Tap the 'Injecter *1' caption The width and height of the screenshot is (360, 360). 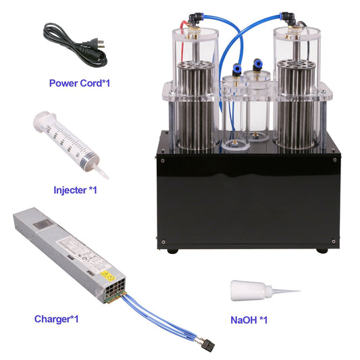tap(75, 190)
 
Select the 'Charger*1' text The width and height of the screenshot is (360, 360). tap(56, 318)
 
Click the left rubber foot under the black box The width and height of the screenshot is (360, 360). tap(174, 251)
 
